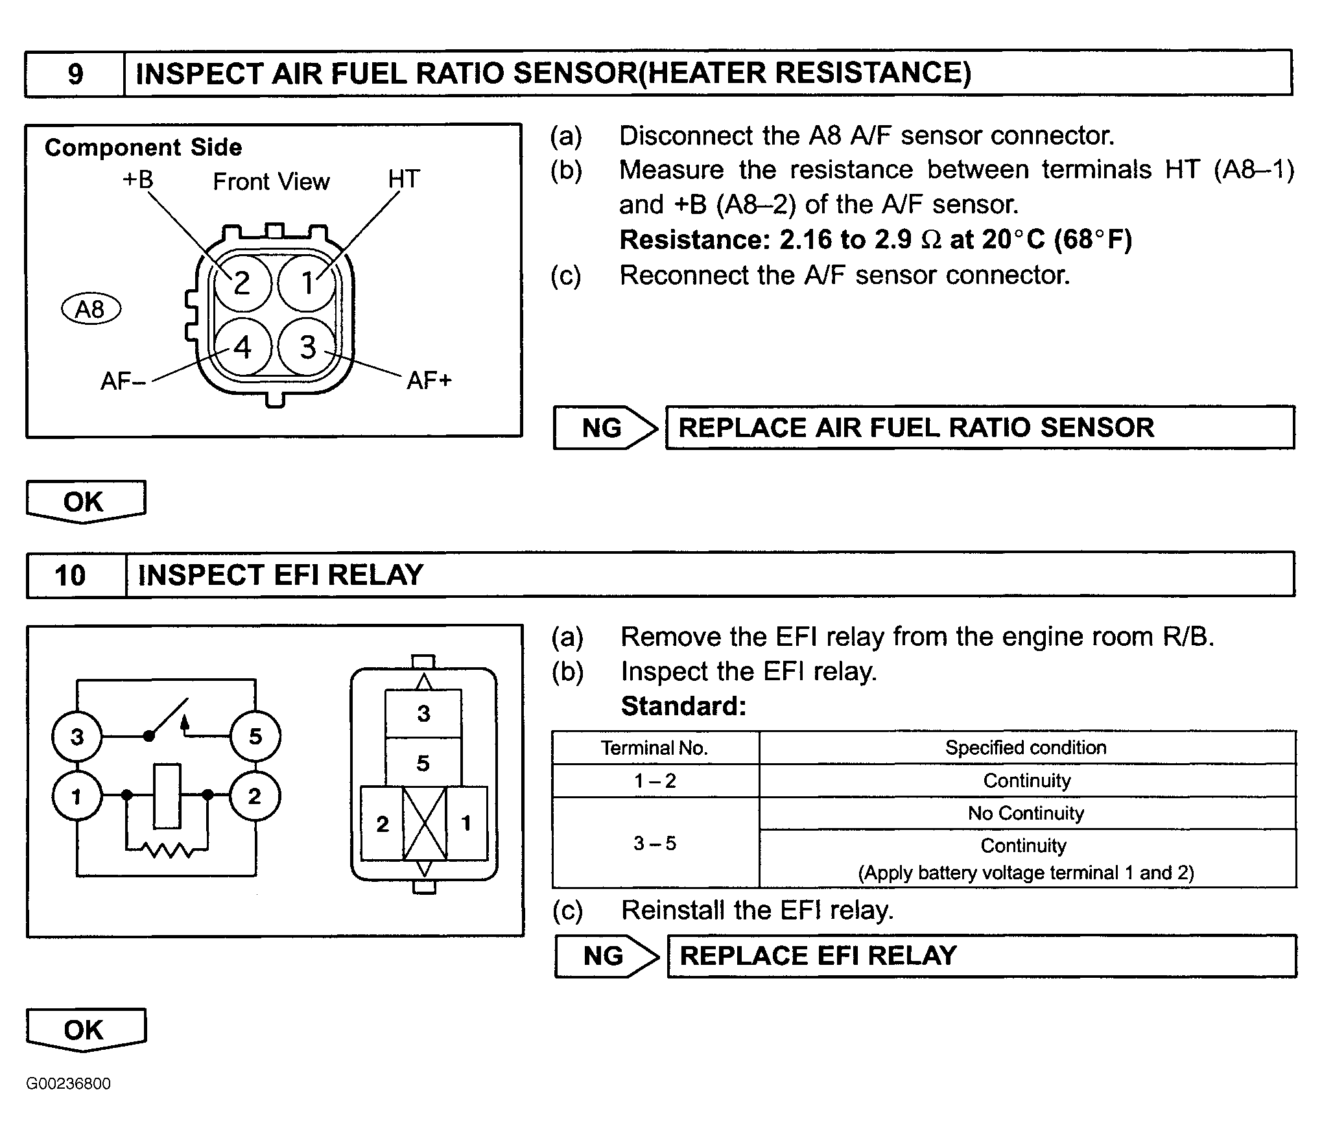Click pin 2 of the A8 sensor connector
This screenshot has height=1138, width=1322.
point(242,283)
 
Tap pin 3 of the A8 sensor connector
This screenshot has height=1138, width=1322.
point(307,347)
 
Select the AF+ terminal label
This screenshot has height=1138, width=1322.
point(429,381)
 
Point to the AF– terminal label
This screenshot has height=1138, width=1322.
point(123,381)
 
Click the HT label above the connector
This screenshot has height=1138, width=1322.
point(404,179)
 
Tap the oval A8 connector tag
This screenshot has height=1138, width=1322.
point(91,309)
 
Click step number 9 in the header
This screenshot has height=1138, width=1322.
point(75,74)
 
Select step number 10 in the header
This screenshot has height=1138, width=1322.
point(70,576)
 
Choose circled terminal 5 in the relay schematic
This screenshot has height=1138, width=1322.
point(255,736)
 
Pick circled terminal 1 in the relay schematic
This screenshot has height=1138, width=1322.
point(77,796)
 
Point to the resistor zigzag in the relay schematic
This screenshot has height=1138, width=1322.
point(167,848)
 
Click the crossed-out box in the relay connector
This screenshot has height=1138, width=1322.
point(425,824)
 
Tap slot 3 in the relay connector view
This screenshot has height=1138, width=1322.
point(423,713)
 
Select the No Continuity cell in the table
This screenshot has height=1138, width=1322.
point(1027,813)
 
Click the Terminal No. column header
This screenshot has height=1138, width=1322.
point(655,748)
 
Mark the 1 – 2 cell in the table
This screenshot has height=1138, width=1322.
point(655,781)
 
